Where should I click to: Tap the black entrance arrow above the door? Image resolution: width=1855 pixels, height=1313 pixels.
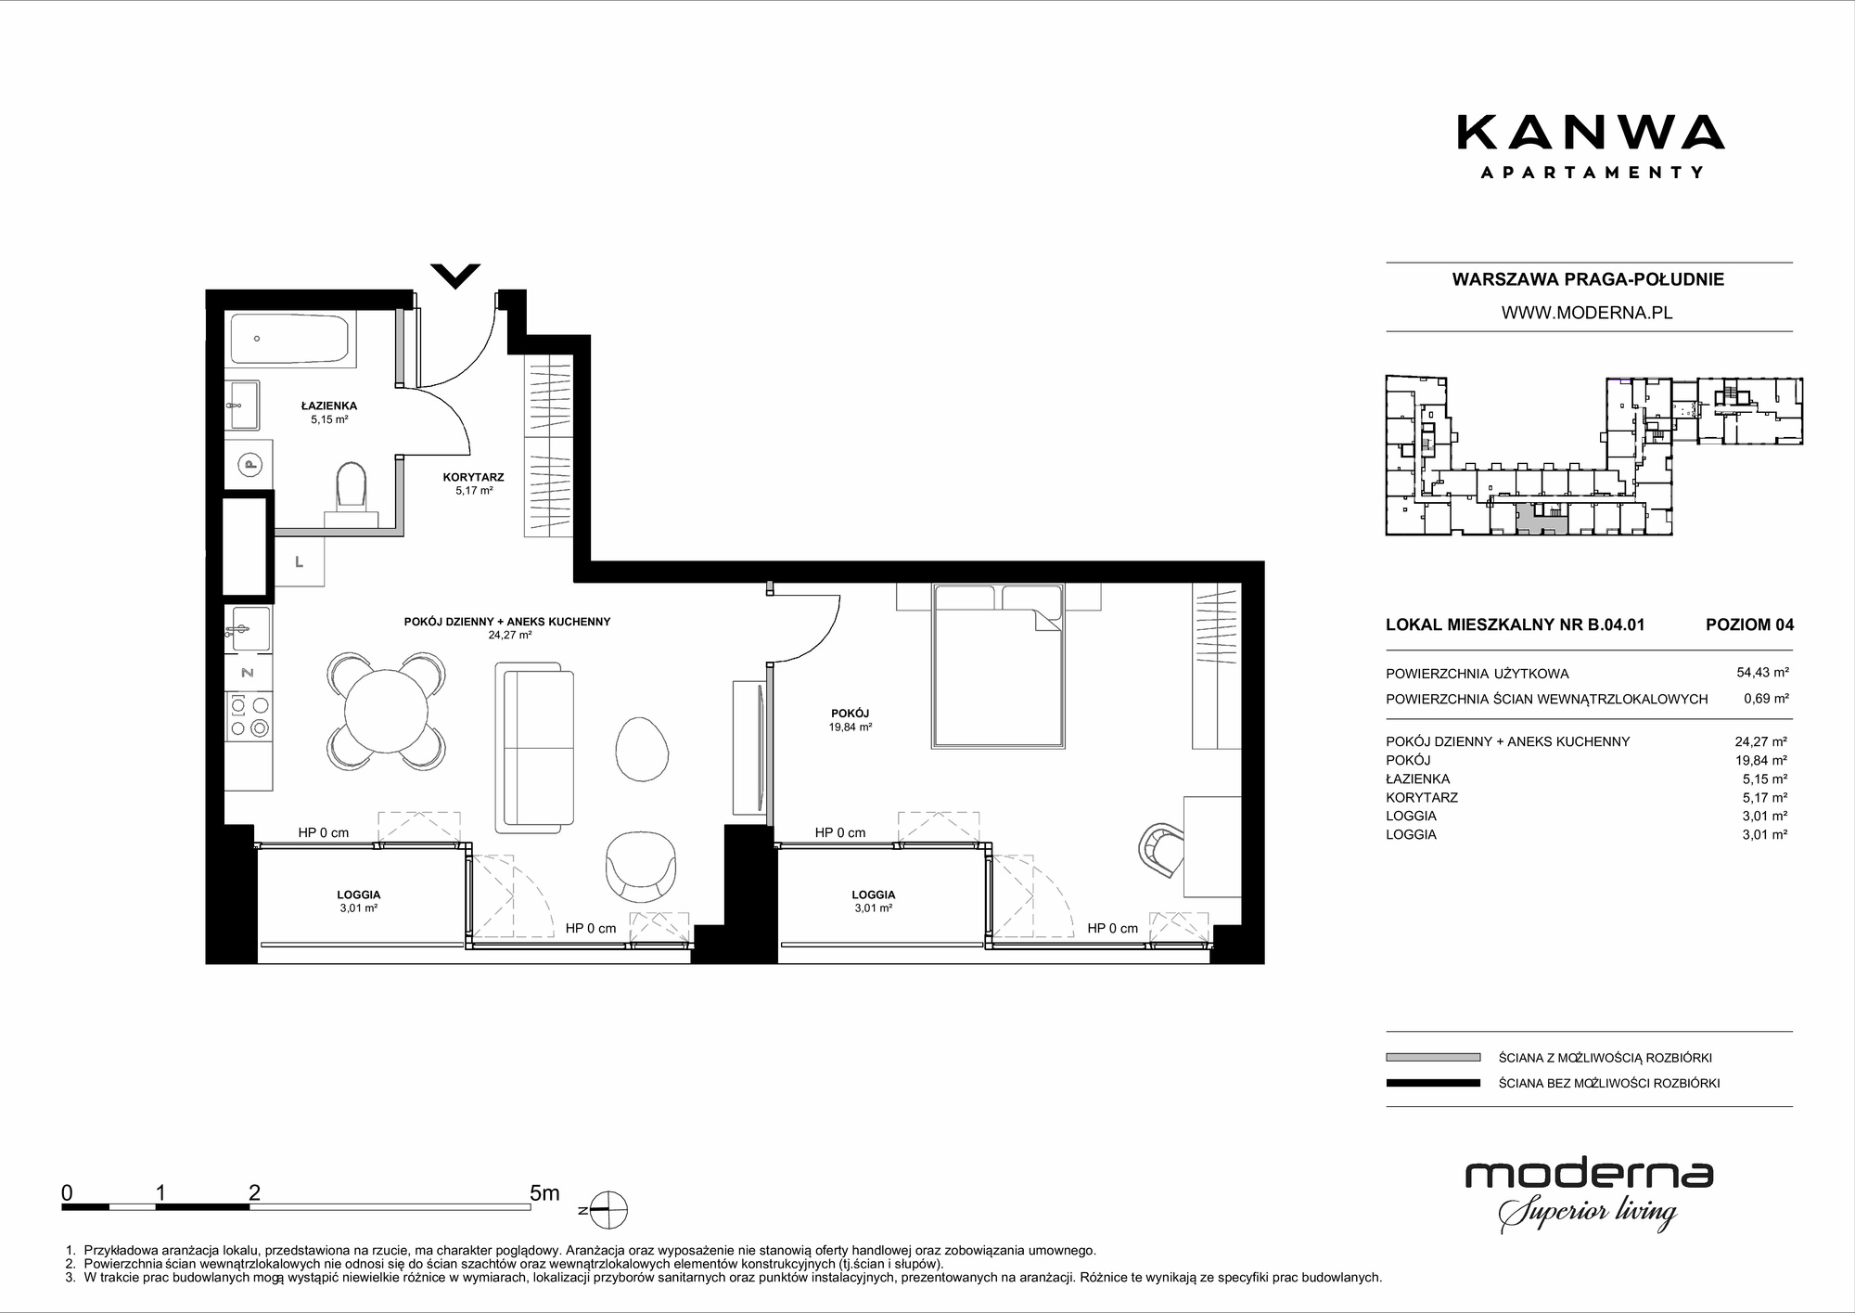tap(455, 276)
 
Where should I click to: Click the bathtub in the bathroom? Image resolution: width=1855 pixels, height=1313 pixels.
tap(289, 340)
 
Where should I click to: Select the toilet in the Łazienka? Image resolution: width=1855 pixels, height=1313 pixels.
tap(350, 487)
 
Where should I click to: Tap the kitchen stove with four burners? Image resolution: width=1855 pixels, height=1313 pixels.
tap(249, 717)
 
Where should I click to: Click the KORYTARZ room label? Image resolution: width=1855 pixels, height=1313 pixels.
tap(473, 477)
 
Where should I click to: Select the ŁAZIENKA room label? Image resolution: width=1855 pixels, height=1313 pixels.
tap(329, 405)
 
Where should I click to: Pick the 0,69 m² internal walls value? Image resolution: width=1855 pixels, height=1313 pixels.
tap(1766, 699)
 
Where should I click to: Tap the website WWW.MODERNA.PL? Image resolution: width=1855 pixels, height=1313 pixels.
tap(1587, 314)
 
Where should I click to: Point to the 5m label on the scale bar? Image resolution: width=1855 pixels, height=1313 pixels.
tap(544, 1193)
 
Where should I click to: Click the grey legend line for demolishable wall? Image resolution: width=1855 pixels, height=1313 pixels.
tap(1433, 1057)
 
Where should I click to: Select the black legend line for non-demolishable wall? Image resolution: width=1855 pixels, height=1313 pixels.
tap(1433, 1083)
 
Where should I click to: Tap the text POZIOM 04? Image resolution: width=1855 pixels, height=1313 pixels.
tap(1749, 624)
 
